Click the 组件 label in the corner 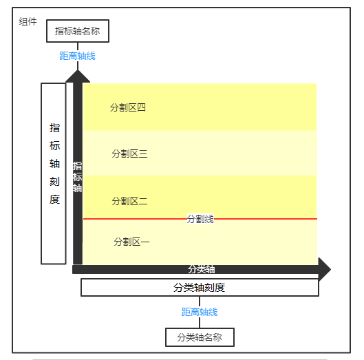tap(28, 21)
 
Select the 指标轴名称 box tap(78, 31)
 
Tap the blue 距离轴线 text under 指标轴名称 tap(78, 56)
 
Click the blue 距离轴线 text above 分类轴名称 tap(200, 312)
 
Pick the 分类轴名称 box tap(200, 337)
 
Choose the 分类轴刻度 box tap(200, 288)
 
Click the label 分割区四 tap(128, 107)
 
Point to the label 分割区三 tap(129, 153)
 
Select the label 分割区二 tap(129, 201)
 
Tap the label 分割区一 tap(131, 242)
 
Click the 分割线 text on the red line tap(200, 219)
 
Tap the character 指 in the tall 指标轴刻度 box tap(54, 128)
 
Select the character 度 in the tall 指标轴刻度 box tap(54, 200)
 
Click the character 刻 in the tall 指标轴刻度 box tap(54, 182)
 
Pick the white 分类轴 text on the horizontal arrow tap(202, 269)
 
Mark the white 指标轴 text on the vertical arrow tap(77, 177)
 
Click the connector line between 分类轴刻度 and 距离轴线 tap(200, 301)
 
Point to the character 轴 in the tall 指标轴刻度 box tap(54, 164)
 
